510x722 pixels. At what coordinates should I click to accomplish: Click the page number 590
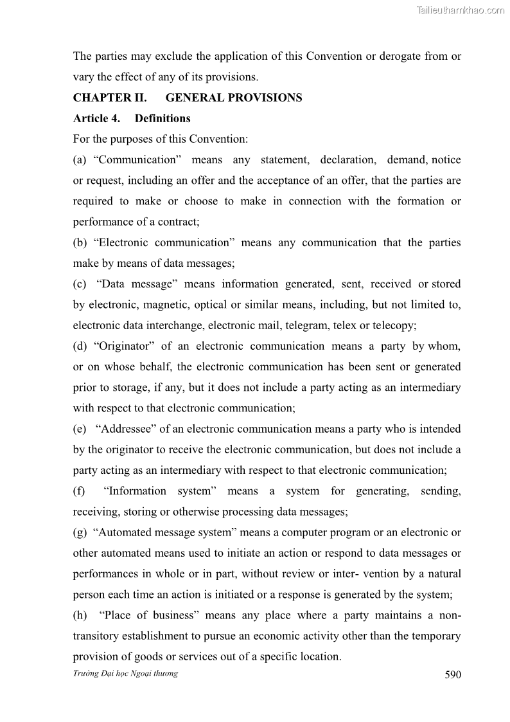pyautogui.click(x=453, y=674)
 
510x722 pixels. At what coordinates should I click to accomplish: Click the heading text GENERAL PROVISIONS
pyautogui.click(x=234, y=98)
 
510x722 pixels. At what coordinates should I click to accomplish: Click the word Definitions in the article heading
pyautogui.click(x=163, y=118)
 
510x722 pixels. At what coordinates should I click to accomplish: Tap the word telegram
pyautogui.click(x=308, y=325)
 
